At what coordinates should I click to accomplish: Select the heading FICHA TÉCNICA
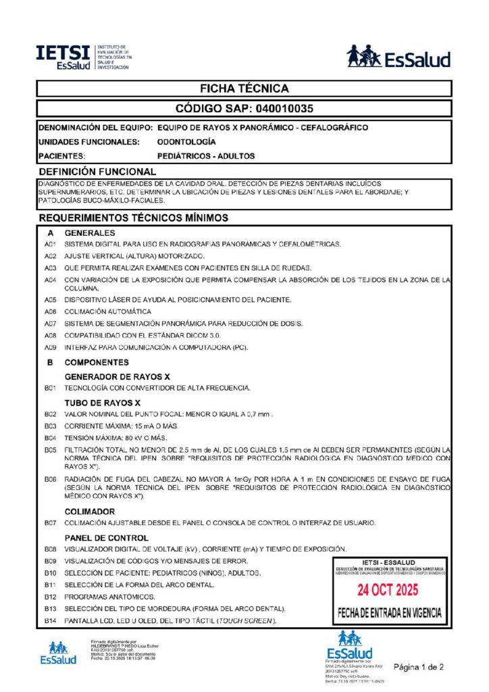[244, 89]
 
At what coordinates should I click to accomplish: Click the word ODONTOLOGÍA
[186, 142]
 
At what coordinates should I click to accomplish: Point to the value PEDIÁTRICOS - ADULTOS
[206, 156]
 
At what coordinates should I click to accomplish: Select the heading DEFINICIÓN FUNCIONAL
[97, 172]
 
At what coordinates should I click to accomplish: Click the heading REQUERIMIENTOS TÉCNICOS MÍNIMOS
[134, 218]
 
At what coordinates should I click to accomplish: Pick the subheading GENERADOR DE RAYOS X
[117, 376]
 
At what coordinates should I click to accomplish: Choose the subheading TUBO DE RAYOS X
[102, 403]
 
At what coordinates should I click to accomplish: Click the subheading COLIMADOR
[90, 512]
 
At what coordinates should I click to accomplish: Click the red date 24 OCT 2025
[389, 588]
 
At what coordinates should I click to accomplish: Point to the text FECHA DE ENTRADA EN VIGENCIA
[389, 614]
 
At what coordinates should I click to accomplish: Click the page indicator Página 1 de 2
[419, 666]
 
